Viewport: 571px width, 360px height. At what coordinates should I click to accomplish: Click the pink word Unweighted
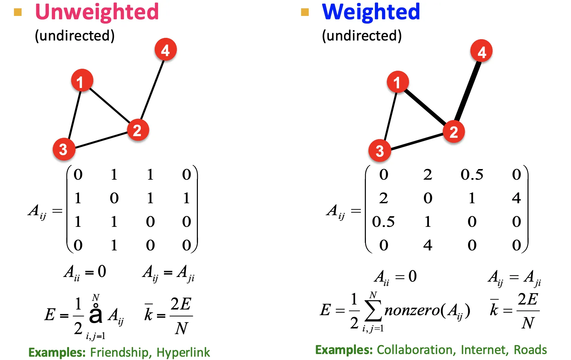tap(97, 12)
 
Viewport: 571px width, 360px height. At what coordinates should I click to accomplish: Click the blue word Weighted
tap(371, 12)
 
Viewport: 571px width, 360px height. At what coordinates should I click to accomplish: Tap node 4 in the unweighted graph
tap(165, 50)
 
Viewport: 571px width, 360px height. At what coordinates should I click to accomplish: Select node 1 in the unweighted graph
tap(82, 80)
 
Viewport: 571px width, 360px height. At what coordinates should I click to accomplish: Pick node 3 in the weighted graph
tap(379, 150)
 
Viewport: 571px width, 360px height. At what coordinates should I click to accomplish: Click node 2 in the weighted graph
tap(453, 132)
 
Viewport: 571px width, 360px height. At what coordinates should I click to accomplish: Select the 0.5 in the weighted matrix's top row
tap(472, 175)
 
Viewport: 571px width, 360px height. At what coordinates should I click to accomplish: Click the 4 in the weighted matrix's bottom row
tap(428, 245)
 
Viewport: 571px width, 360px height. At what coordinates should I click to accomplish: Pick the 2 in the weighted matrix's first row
tap(428, 175)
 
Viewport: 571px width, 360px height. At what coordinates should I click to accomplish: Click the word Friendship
tap(119, 352)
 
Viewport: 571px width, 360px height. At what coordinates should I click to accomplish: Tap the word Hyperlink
tap(183, 352)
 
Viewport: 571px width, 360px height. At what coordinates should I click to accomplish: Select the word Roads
tap(530, 350)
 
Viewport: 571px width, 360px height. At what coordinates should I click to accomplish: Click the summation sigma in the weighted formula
tap(373, 311)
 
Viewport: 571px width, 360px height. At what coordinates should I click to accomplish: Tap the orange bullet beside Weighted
tap(305, 13)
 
